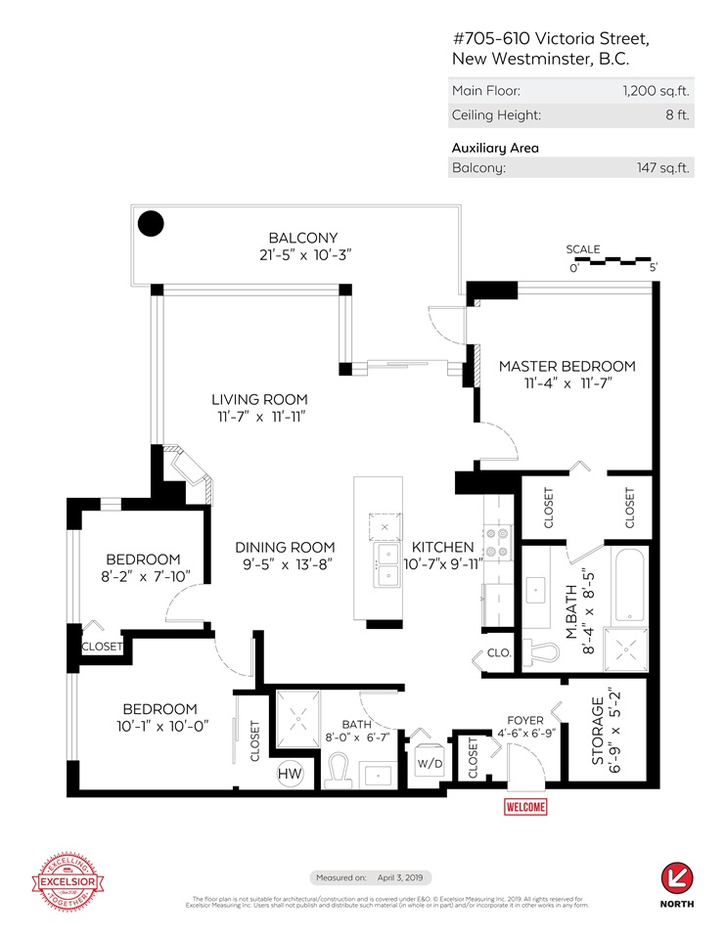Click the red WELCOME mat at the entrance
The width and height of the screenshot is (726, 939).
tap(525, 807)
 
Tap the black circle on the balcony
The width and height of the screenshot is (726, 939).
tap(150, 224)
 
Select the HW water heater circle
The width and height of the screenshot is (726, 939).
tap(290, 773)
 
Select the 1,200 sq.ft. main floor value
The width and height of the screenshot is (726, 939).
tap(656, 91)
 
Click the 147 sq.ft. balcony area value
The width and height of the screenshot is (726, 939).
tap(663, 167)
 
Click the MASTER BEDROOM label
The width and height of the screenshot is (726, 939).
tap(567, 367)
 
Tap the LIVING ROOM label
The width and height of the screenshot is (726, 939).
tap(260, 399)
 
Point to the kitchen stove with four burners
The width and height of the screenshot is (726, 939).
tap(494, 542)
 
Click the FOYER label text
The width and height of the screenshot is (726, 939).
tap(517, 719)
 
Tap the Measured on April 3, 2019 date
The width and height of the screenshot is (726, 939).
tap(372, 877)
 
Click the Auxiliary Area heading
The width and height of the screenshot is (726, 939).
tap(495, 148)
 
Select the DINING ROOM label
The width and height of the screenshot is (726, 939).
tap(285, 548)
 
